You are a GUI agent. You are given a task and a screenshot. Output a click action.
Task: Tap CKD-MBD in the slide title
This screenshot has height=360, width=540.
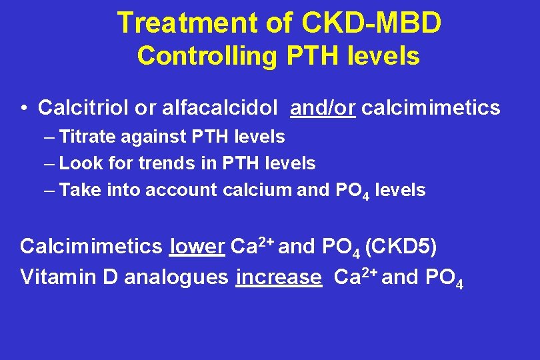371,23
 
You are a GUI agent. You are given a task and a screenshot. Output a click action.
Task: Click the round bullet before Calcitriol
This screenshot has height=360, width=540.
24,108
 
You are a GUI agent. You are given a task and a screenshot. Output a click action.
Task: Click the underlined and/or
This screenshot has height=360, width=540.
323,107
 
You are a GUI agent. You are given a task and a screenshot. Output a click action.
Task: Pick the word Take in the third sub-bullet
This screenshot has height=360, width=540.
80,190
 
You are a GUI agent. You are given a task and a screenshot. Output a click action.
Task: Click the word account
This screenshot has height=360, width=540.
181,190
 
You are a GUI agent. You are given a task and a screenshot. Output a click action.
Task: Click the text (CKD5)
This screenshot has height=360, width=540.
401,247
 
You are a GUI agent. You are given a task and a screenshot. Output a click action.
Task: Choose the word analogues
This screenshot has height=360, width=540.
176,277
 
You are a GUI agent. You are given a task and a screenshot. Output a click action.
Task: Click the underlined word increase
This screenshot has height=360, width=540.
278,277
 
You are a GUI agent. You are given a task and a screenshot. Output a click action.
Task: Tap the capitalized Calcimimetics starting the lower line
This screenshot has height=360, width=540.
91,247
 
